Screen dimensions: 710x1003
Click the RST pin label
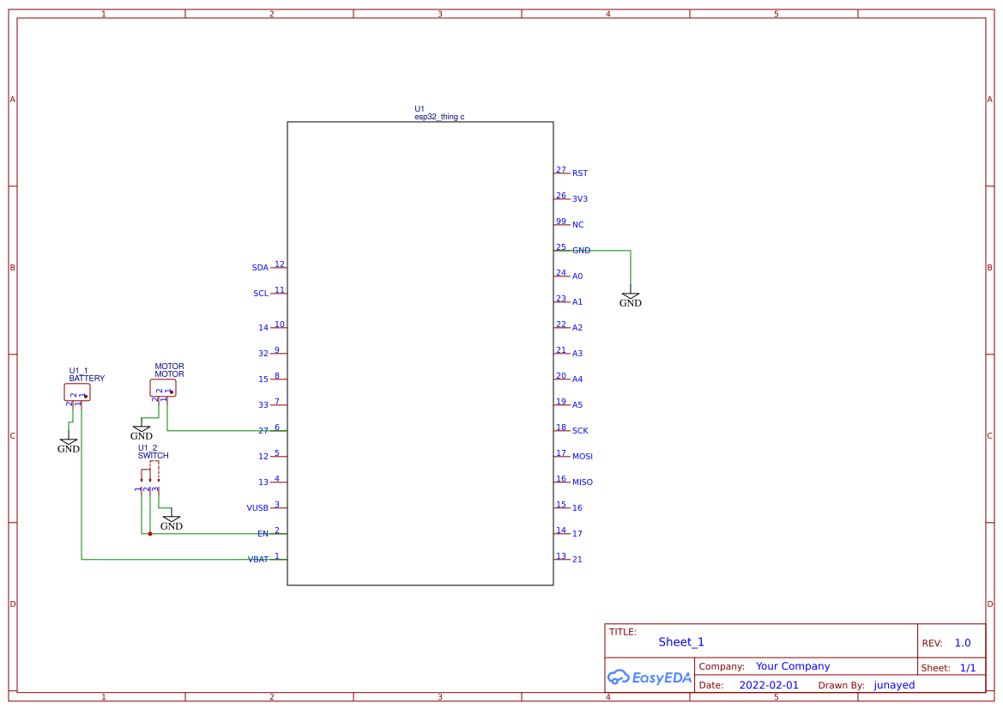tap(580, 173)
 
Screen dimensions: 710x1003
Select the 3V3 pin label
tap(580, 199)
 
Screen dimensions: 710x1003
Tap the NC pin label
tap(577, 225)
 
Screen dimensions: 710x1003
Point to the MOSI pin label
tap(583, 457)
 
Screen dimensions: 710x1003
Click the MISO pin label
tap(583, 482)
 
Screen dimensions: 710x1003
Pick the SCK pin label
tap(580, 431)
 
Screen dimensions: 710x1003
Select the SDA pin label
tap(260, 268)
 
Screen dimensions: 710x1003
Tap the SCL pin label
tap(261, 294)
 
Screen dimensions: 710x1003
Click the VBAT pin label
tap(258, 560)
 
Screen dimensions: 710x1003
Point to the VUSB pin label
tap(257, 508)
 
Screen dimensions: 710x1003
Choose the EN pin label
tap(263, 534)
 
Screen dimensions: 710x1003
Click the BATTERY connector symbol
tap(76, 392)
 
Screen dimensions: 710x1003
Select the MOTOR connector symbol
tap(162, 388)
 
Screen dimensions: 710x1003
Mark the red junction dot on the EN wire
tap(150, 534)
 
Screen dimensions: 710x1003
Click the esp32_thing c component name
tap(439, 117)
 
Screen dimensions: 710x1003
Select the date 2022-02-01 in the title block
tap(769, 685)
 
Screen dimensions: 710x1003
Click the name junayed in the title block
tap(894, 685)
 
